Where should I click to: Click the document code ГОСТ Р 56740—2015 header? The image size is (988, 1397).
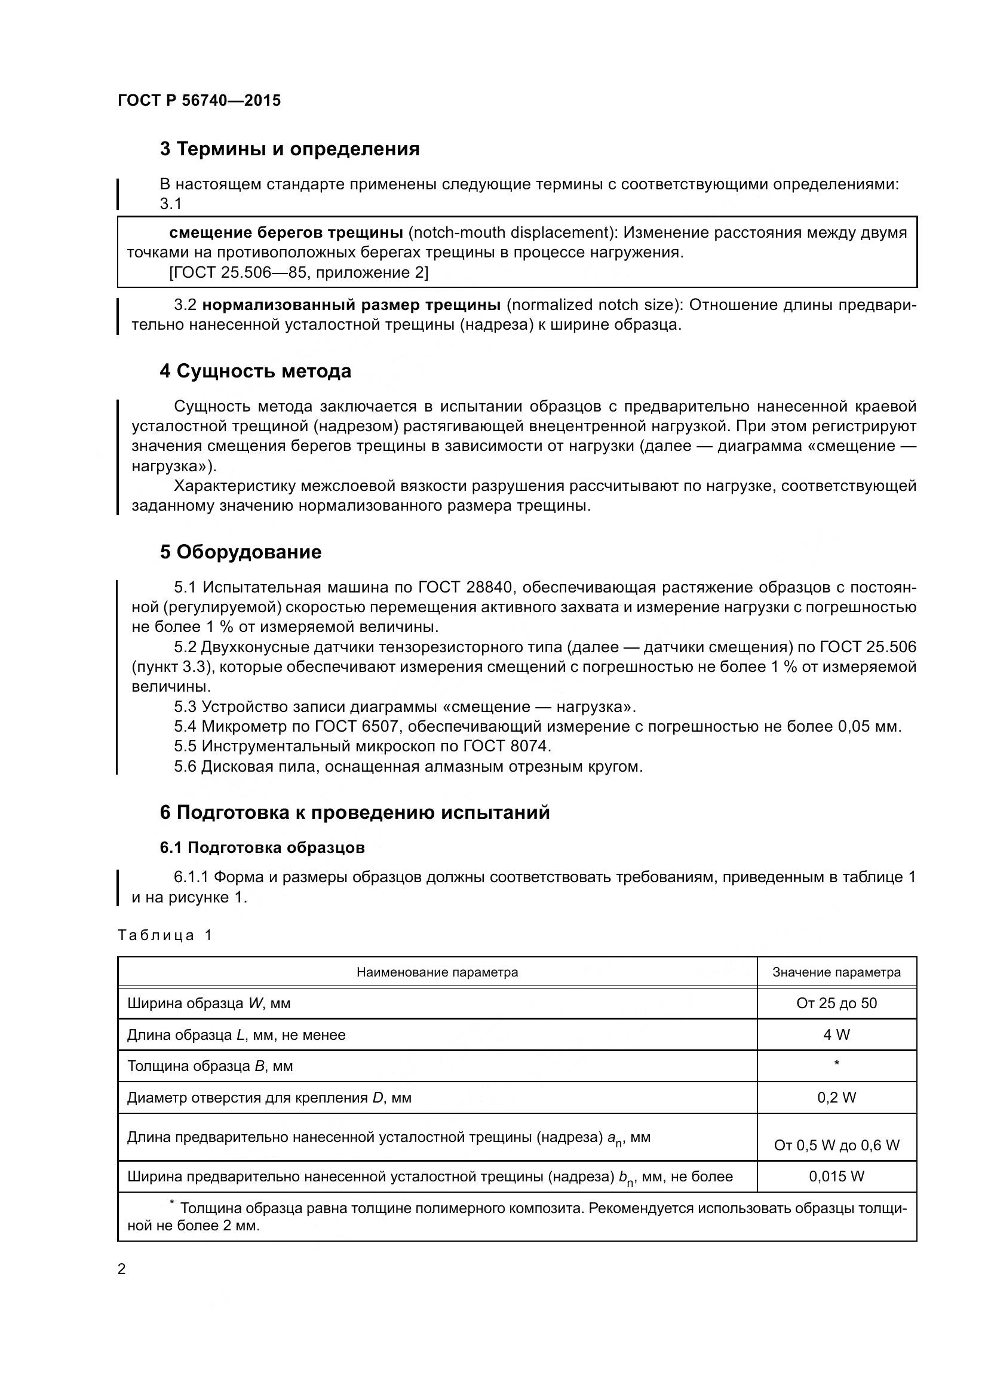coord(199,100)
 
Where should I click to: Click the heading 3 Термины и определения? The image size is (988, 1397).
coord(290,149)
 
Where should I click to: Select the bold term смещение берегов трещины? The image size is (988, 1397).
coord(286,232)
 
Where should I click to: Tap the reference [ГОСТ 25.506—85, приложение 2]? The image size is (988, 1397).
coord(298,272)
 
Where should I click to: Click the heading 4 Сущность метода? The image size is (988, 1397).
coord(256,371)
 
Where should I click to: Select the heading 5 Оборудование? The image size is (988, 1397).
coord(241,552)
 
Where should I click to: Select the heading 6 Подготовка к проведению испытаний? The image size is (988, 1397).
coord(355,812)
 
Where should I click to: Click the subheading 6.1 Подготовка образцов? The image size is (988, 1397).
coord(262,848)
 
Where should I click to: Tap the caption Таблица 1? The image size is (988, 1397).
coord(165,935)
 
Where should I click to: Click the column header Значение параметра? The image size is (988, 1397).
coord(836,972)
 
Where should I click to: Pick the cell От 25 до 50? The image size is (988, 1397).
coord(836,1003)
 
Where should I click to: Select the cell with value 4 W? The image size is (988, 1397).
coord(836,1035)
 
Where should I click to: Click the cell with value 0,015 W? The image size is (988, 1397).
coord(836,1176)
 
